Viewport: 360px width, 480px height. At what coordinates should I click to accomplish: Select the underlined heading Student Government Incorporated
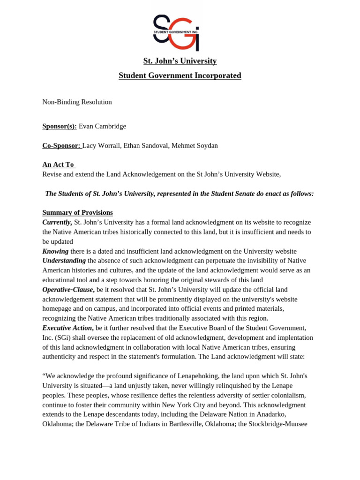click(x=180, y=75)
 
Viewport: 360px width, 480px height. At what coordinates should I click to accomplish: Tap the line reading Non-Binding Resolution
click(x=77, y=102)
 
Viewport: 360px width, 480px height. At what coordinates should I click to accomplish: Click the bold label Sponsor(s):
click(x=59, y=126)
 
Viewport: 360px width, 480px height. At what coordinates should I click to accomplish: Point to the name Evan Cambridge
click(x=102, y=126)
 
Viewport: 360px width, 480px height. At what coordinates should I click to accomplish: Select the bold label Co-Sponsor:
click(x=61, y=146)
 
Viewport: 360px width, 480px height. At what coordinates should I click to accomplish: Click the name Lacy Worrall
click(x=101, y=146)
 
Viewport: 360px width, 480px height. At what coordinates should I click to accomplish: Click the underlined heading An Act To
click(x=58, y=165)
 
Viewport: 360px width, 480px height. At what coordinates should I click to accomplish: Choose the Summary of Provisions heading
click(x=77, y=212)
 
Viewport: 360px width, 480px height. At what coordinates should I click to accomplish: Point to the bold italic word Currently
click(x=57, y=222)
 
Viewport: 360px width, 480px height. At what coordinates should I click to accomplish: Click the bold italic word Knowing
click(x=55, y=251)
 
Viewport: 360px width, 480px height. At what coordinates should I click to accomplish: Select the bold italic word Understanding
click(x=64, y=261)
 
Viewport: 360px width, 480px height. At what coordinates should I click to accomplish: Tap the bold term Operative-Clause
click(x=68, y=290)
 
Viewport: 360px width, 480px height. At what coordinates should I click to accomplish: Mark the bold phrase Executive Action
click(x=67, y=328)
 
